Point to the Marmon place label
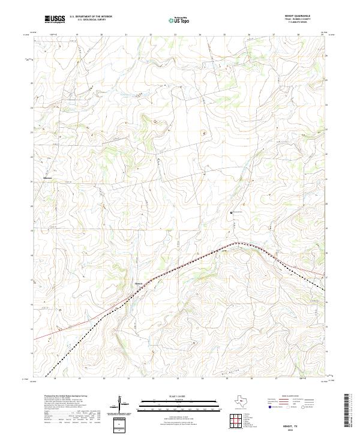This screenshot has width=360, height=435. point(49,179)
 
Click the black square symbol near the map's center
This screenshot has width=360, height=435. point(231,212)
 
